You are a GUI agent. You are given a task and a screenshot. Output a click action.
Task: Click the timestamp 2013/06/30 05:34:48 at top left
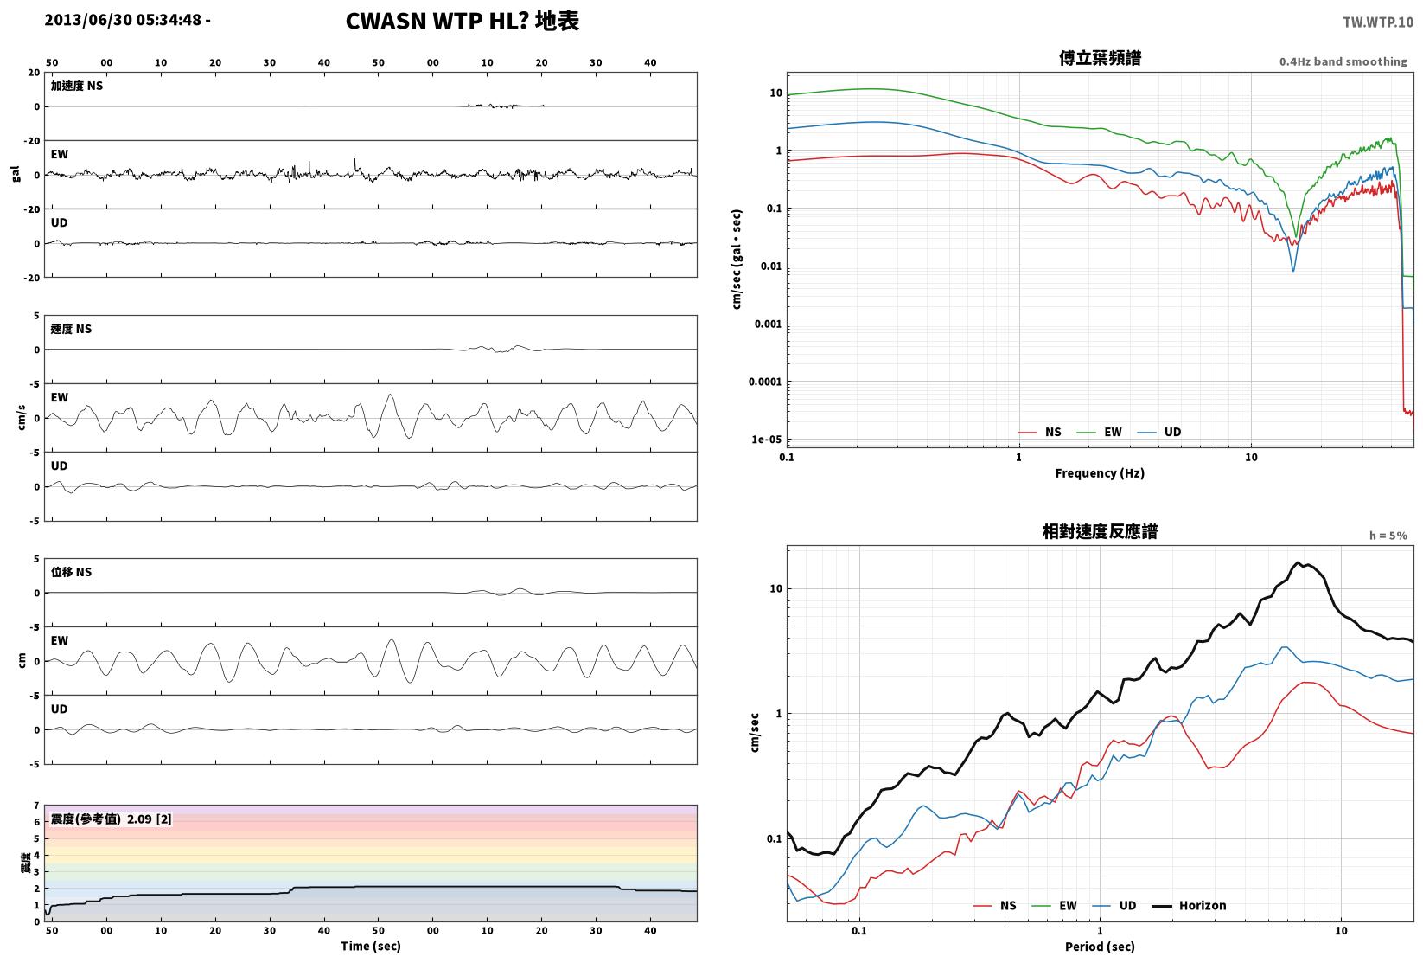(x=124, y=20)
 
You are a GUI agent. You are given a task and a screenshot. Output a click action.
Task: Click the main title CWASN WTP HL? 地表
(x=462, y=21)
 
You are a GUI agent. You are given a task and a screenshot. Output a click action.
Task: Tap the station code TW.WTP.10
(x=1377, y=22)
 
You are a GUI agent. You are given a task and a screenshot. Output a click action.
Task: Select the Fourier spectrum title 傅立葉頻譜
(x=1099, y=58)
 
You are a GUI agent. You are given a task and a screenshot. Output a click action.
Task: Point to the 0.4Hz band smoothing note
(x=1343, y=61)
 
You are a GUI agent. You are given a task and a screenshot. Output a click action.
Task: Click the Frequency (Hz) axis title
(x=1099, y=473)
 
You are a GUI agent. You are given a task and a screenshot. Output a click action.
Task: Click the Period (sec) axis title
(x=1099, y=947)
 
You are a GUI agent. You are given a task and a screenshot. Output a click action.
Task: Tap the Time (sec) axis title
(x=370, y=946)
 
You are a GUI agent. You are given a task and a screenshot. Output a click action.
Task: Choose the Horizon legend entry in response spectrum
(x=1189, y=906)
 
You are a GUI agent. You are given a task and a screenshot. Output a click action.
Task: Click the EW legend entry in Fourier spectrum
(x=1099, y=433)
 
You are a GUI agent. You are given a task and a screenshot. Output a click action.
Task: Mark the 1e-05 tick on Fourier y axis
(x=766, y=440)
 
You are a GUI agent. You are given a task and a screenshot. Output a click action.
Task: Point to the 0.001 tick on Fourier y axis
(x=768, y=324)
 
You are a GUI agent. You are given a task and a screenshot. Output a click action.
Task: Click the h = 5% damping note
(x=1388, y=536)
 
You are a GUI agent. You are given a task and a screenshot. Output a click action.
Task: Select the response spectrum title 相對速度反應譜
(x=1099, y=531)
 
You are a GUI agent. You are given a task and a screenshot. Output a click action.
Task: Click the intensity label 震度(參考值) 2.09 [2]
(x=112, y=819)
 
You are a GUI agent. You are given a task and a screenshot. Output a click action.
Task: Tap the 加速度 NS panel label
(x=76, y=86)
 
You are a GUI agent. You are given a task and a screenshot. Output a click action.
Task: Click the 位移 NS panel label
(x=71, y=572)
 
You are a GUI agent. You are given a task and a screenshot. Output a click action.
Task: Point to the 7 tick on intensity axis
(x=37, y=806)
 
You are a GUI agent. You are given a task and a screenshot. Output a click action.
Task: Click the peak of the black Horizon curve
(x=1298, y=562)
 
